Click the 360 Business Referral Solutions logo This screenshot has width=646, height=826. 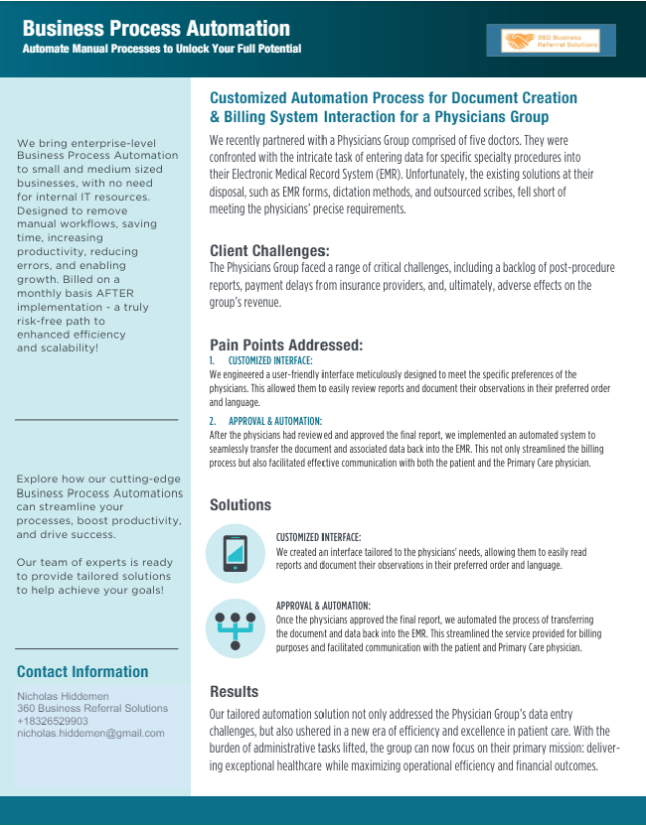(x=558, y=41)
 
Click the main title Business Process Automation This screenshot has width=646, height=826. (x=156, y=28)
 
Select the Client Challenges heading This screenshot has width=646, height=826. (x=269, y=251)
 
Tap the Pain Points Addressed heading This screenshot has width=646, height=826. (x=286, y=345)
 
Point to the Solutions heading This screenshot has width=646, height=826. (x=241, y=505)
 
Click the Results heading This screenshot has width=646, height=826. (x=234, y=691)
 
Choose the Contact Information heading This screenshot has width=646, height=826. (x=82, y=671)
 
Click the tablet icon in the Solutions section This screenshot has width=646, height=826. (x=236, y=553)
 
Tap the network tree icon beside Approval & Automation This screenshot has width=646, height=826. (x=236, y=627)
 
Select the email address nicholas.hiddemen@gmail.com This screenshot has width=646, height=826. (x=90, y=733)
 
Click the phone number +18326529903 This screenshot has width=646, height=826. (x=53, y=721)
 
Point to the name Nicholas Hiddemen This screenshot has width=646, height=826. (x=63, y=696)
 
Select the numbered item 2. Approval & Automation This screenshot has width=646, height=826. (x=265, y=421)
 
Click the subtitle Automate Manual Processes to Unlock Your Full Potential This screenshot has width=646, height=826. (x=161, y=49)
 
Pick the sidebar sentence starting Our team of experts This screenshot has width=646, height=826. (x=94, y=576)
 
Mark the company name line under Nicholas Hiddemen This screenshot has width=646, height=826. (x=92, y=708)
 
